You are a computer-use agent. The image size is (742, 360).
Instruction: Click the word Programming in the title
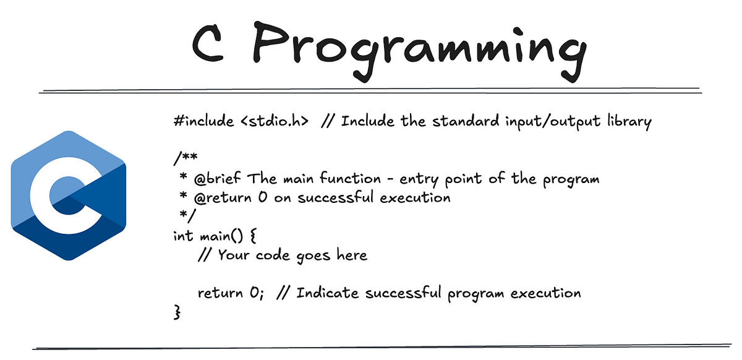pyautogui.click(x=419, y=49)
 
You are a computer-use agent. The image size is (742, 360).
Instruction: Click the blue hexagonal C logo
pyautogui.click(x=69, y=195)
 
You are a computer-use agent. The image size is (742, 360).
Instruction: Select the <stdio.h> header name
pyautogui.click(x=275, y=121)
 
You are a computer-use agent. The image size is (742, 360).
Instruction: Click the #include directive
pyautogui.click(x=203, y=121)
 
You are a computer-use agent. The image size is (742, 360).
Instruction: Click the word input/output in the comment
pyautogui.click(x=553, y=122)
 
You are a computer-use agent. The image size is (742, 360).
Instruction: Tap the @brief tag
pyautogui.click(x=217, y=178)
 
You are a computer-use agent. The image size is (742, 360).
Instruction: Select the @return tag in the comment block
pyautogui.click(x=223, y=198)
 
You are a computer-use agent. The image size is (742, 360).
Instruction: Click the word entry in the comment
pyautogui.click(x=419, y=179)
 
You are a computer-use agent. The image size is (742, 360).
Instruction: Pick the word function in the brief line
pyautogui.click(x=351, y=178)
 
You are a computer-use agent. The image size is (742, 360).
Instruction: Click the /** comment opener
pyautogui.click(x=185, y=158)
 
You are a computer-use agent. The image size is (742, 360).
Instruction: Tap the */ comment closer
pyautogui.click(x=187, y=215)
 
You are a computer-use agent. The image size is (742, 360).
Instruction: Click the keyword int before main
pyautogui.click(x=183, y=236)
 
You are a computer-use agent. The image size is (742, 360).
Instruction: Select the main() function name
pyautogui.click(x=221, y=236)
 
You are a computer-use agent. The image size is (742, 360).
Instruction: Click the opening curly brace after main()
pyautogui.click(x=252, y=236)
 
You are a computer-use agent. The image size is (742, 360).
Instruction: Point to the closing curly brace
pyautogui.click(x=177, y=312)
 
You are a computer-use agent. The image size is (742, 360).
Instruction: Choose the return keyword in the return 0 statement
pyautogui.click(x=220, y=293)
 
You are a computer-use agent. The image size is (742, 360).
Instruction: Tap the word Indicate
pyautogui.click(x=327, y=293)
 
